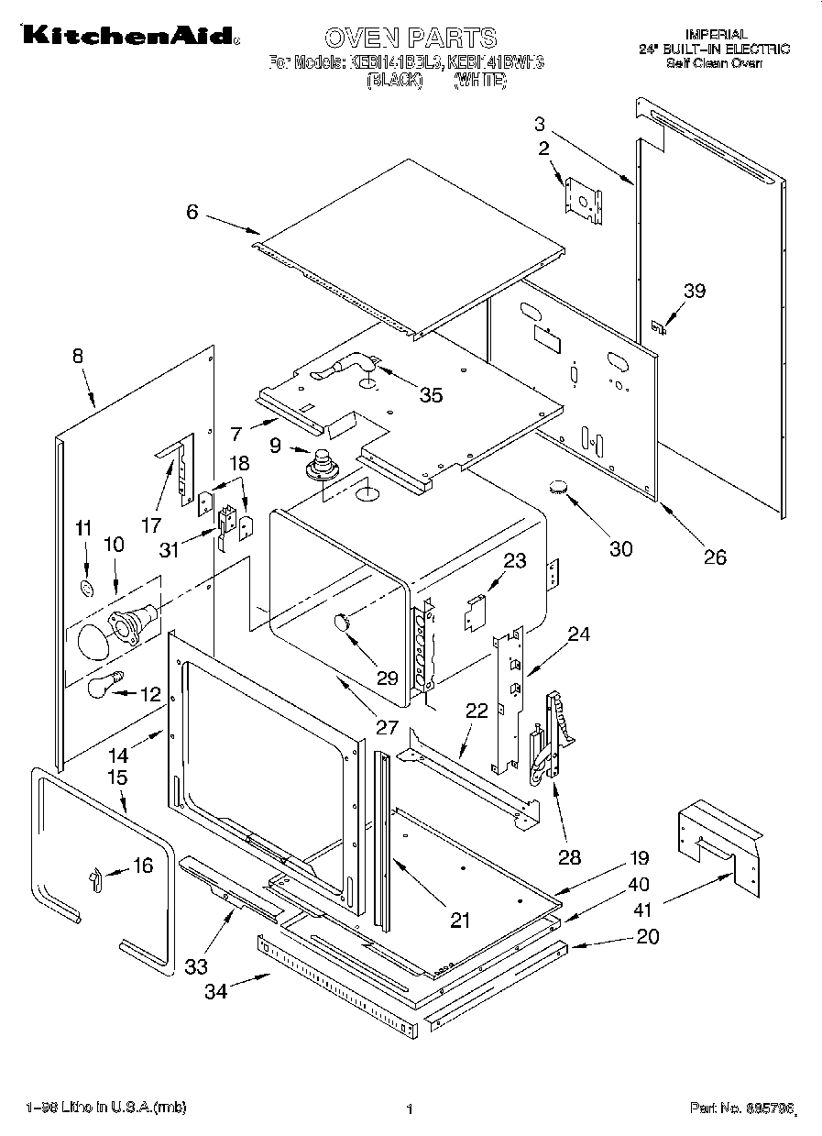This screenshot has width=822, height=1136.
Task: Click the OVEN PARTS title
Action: pyautogui.click(x=411, y=38)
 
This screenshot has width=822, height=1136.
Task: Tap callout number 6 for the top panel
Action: pyautogui.click(x=192, y=212)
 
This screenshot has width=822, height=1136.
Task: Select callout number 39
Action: pyautogui.click(x=695, y=291)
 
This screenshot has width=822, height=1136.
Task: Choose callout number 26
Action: pyautogui.click(x=714, y=556)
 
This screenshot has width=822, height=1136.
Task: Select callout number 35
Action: pyautogui.click(x=431, y=394)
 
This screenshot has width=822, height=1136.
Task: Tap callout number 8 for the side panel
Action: pyautogui.click(x=78, y=357)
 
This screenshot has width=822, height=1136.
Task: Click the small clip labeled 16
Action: pyautogui.click(x=93, y=879)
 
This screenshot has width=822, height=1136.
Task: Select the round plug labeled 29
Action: pyautogui.click(x=342, y=623)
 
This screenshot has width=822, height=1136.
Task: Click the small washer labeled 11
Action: pyautogui.click(x=85, y=587)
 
